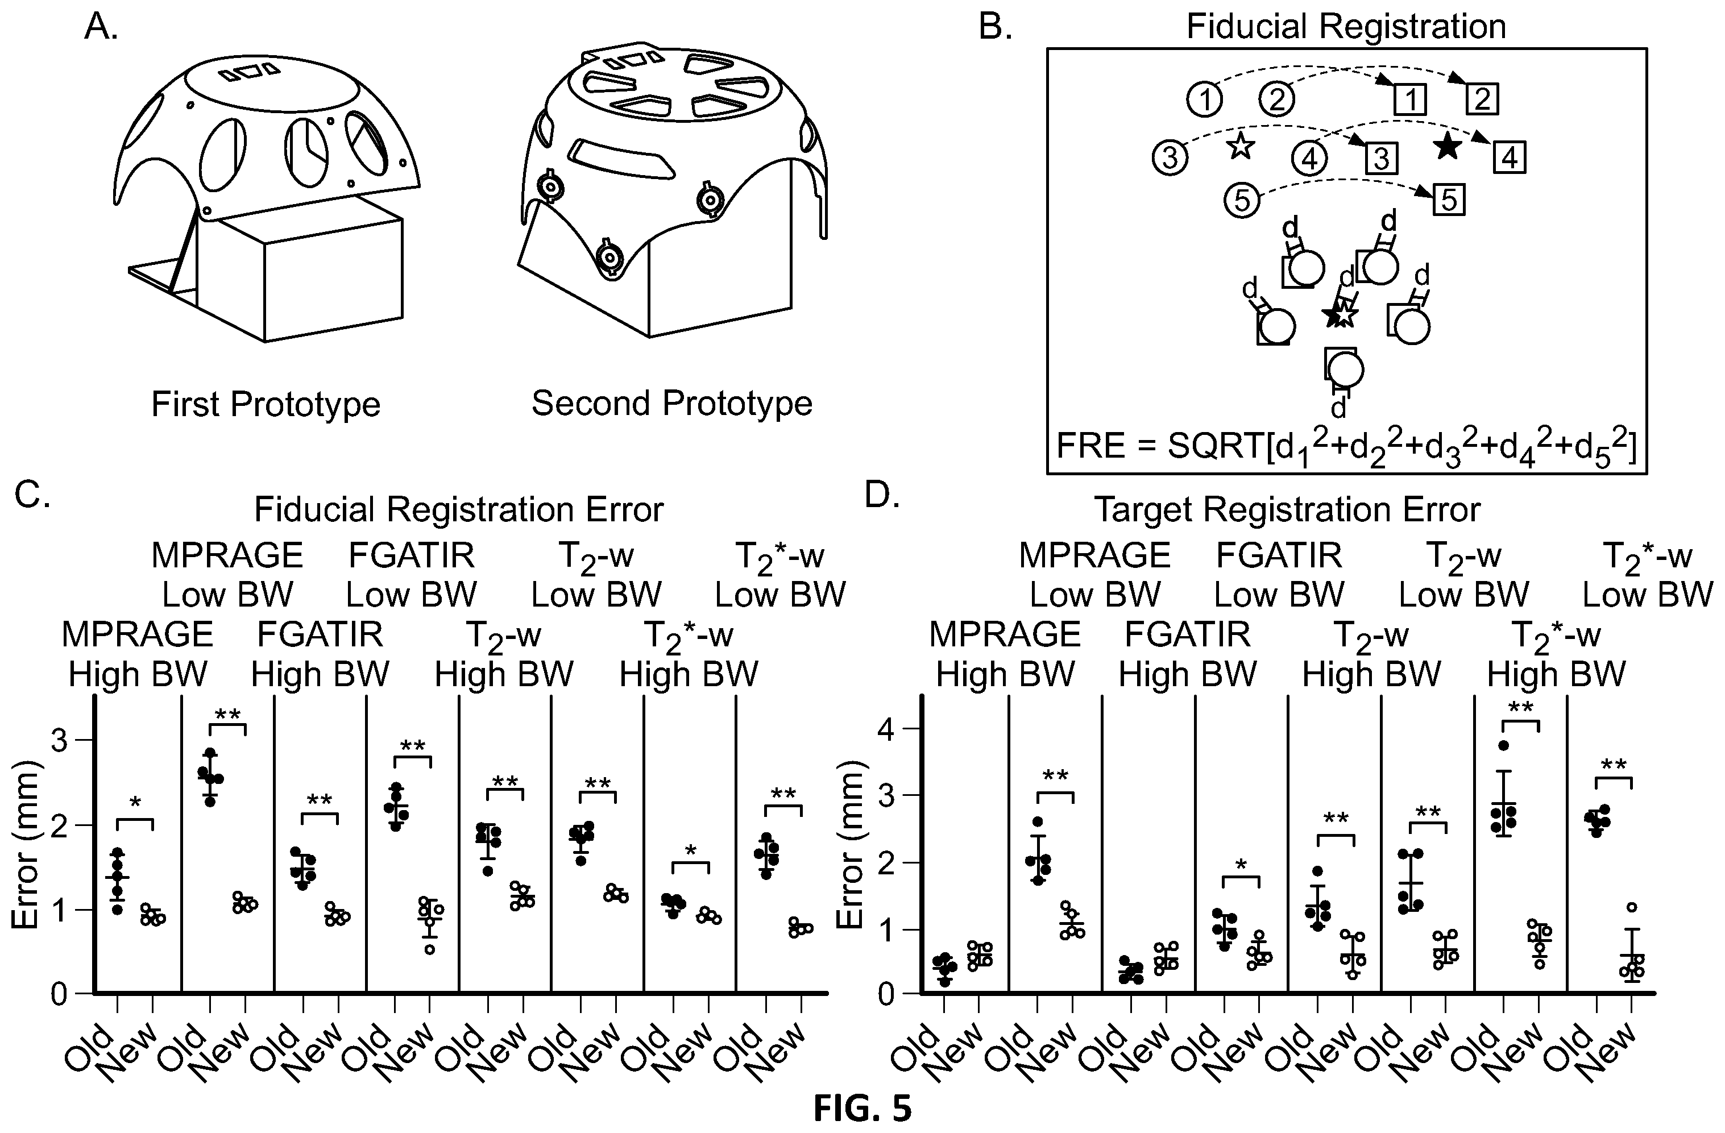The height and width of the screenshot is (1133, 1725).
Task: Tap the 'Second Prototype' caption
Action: pos(672,403)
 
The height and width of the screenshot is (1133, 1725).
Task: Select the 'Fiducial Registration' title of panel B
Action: pos(1346,26)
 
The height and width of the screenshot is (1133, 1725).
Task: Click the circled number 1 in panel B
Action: pos(1205,99)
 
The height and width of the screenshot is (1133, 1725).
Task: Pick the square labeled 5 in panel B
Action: pos(1448,200)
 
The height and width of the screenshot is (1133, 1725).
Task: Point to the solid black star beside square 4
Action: pos(1448,147)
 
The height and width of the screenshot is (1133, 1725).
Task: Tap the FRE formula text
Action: pos(1346,446)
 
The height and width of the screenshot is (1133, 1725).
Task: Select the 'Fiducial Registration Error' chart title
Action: pos(459,509)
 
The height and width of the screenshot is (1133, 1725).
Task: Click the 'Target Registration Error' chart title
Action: pos(1287,509)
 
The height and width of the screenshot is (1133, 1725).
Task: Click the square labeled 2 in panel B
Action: pos(1482,98)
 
